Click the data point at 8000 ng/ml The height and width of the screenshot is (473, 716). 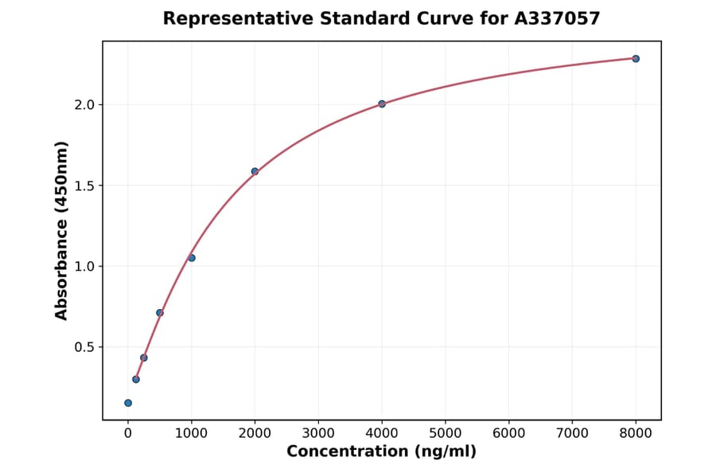636,59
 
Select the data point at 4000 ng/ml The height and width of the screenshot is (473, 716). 382,104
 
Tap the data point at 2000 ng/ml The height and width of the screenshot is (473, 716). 255,171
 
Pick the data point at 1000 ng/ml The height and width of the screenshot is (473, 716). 192,258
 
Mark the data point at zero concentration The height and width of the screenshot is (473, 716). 128,403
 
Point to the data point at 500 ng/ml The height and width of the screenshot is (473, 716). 160,313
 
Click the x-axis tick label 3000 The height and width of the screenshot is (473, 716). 318,434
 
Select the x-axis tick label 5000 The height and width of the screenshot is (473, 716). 446,434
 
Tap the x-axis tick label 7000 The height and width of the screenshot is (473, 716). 572,434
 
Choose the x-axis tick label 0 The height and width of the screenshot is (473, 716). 128,434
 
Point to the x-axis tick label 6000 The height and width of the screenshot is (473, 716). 509,434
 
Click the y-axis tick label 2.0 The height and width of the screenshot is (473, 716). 84,105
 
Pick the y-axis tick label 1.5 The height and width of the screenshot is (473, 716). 84,186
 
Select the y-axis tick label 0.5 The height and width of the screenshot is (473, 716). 84,347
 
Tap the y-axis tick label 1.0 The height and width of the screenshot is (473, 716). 84,267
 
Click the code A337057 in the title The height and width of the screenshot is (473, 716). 557,18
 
